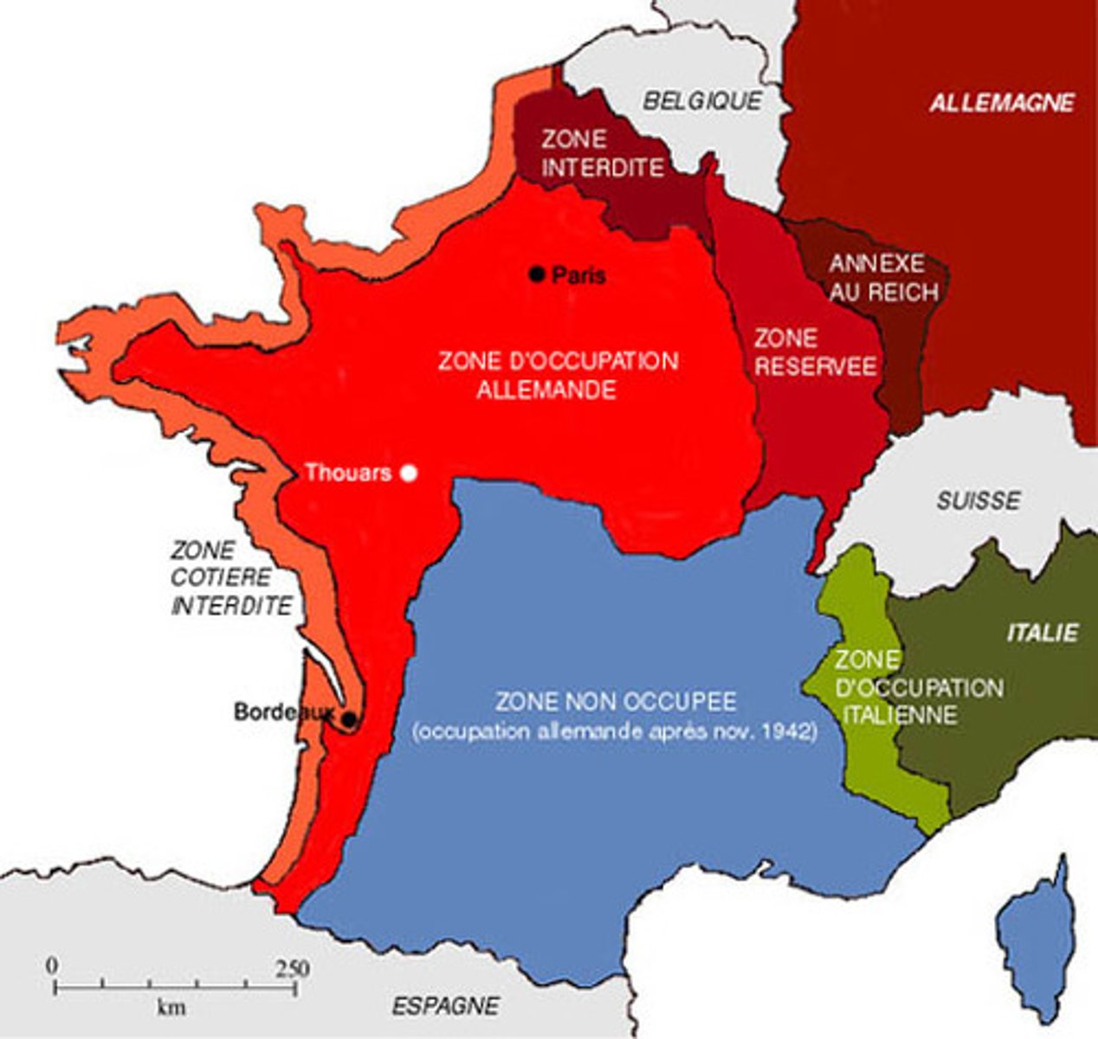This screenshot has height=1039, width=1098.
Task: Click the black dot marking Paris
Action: tap(537, 274)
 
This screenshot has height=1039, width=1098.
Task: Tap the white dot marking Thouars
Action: tap(410, 473)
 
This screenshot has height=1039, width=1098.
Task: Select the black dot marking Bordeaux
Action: tap(348, 720)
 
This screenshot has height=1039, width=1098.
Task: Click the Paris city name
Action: tap(579, 275)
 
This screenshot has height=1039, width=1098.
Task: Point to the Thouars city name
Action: tap(348, 473)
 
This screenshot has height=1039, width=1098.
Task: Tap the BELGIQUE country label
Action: tap(702, 100)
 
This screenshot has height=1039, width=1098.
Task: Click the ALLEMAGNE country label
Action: tap(1002, 102)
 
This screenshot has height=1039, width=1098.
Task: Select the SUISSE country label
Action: tap(979, 500)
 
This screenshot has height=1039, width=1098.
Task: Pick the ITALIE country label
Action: tap(1043, 632)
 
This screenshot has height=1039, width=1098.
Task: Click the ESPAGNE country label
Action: tap(445, 1006)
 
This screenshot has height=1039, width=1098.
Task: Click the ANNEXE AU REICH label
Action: tap(883, 277)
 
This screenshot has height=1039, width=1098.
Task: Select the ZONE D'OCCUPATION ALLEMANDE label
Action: tap(558, 375)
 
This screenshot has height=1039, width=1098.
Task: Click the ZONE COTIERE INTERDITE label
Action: tap(230, 578)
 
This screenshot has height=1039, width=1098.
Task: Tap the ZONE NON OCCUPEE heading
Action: tap(616, 700)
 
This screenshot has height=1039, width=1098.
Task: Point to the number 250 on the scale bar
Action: tap(291, 967)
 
